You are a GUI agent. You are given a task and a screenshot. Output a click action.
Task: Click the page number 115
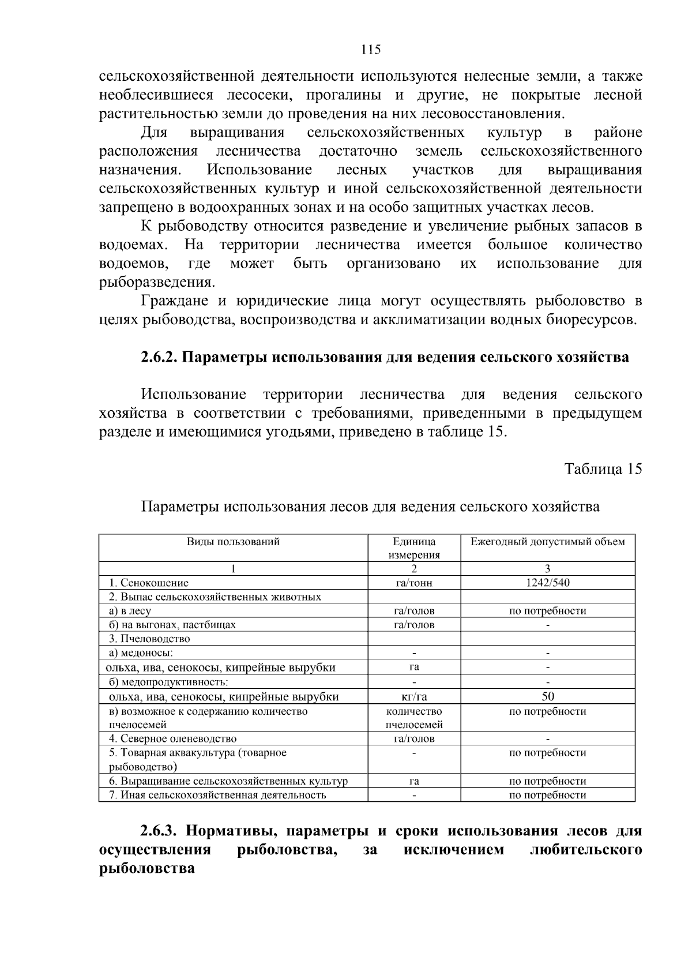(371, 50)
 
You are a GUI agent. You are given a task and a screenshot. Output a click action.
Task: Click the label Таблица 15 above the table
(603, 468)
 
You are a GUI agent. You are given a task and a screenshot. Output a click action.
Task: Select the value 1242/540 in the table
(547, 583)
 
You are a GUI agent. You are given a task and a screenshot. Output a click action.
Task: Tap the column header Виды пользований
(233, 542)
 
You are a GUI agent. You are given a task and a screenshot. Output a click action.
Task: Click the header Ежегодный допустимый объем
(547, 542)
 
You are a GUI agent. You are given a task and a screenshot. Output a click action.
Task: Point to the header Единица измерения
(414, 548)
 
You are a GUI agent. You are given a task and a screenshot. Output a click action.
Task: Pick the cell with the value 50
(547, 696)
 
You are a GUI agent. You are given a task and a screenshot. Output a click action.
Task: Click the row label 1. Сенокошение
(149, 583)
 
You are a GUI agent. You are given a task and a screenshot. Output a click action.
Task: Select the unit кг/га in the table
(414, 697)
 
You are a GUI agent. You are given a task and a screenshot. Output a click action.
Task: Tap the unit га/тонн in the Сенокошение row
(414, 583)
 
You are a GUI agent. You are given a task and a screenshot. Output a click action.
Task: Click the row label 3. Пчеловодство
(149, 639)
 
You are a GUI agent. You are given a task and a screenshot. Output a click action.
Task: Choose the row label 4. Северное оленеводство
(172, 738)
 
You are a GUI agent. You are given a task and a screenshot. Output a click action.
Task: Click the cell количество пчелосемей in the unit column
(414, 718)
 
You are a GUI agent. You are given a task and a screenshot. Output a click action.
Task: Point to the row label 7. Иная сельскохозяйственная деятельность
(217, 795)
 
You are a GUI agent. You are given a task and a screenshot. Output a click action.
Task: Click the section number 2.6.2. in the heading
(159, 357)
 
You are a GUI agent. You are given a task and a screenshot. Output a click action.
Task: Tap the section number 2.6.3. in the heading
(159, 831)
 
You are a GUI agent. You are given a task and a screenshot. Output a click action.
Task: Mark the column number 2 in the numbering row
(414, 569)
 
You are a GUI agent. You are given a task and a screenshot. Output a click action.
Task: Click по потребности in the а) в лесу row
(547, 611)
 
